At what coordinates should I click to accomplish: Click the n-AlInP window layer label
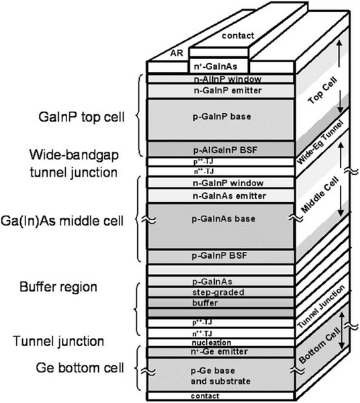(228, 79)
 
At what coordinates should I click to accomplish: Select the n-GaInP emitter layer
(228, 91)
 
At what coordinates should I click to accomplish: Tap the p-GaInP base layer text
(222, 116)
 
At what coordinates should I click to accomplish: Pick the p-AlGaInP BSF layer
(225, 150)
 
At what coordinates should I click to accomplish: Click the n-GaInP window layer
(228, 183)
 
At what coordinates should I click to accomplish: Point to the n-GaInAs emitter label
(229, 196)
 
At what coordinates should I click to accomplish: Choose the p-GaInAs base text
(224, 219)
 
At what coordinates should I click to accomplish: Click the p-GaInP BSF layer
(220, 256)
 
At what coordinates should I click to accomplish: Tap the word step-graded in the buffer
(218, 292)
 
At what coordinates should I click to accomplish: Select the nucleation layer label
(211, 343)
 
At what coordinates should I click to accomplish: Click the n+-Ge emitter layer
(219, 351)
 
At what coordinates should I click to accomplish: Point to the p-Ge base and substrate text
(220, 375)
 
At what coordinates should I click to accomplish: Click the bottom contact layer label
(205, 396)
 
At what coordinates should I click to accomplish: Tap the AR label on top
(177, 53)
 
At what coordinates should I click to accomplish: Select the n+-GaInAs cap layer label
(216, 66)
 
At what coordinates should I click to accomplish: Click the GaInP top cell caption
(81, 117)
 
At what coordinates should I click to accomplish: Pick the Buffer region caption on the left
(58, 287)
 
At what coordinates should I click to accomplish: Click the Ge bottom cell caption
(80, 368)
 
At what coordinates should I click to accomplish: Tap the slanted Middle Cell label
(320, 195)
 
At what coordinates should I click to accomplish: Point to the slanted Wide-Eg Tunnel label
(320, 142)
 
